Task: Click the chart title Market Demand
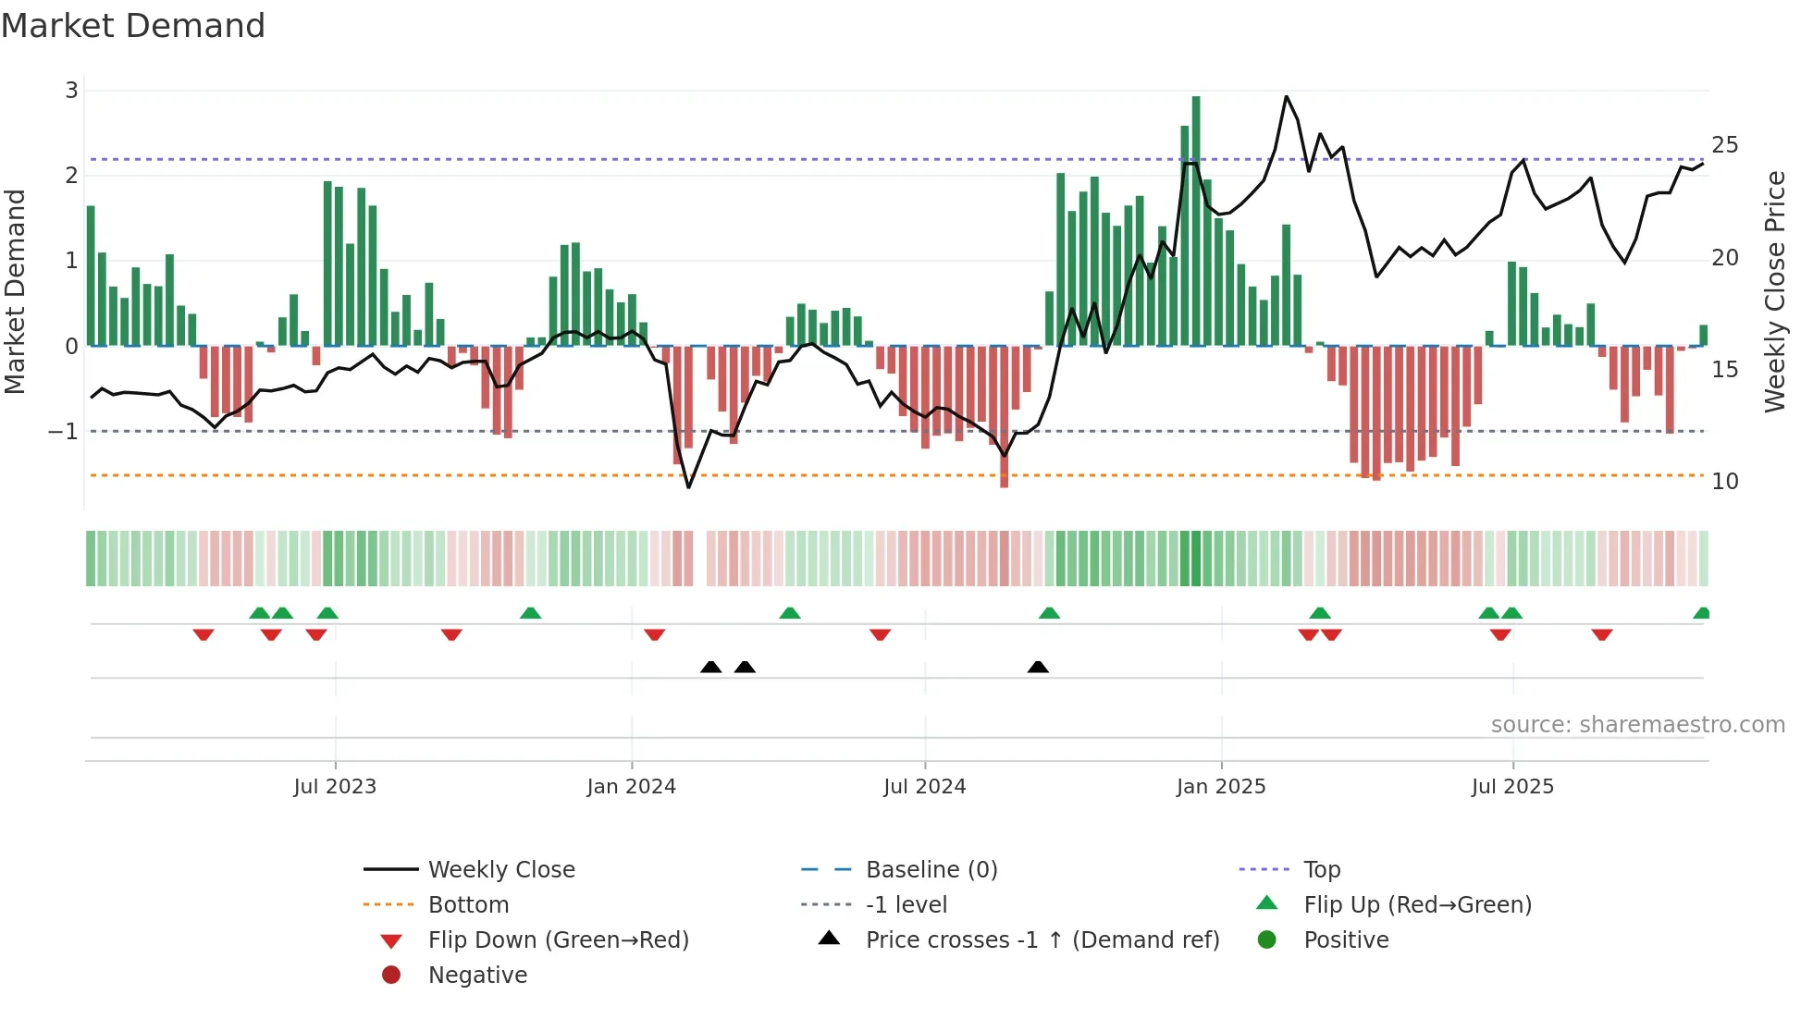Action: (133, 26)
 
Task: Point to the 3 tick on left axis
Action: (71, 91)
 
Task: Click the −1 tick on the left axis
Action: (63, 432)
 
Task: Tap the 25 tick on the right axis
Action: (1724, 145)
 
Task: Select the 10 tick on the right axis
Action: (1724, 482)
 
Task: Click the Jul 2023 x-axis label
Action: (335, 787)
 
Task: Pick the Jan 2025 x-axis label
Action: (1220, 787)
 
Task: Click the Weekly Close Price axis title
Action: (1774, 291)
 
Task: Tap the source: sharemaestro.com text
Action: (1637, 725)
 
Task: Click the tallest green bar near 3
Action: (1196, 222)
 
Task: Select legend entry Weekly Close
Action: (500, 870)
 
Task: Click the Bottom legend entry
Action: (468, 905)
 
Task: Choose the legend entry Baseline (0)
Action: (931, 870)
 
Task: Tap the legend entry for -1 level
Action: (906, 905)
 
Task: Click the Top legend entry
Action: (1321, 870)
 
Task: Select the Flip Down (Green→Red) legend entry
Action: (558, 940)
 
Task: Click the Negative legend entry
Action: (477, 976)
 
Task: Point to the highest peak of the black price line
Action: (1286, 96)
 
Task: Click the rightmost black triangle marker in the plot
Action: (1038, 668)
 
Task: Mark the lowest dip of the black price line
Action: (688, 486)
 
